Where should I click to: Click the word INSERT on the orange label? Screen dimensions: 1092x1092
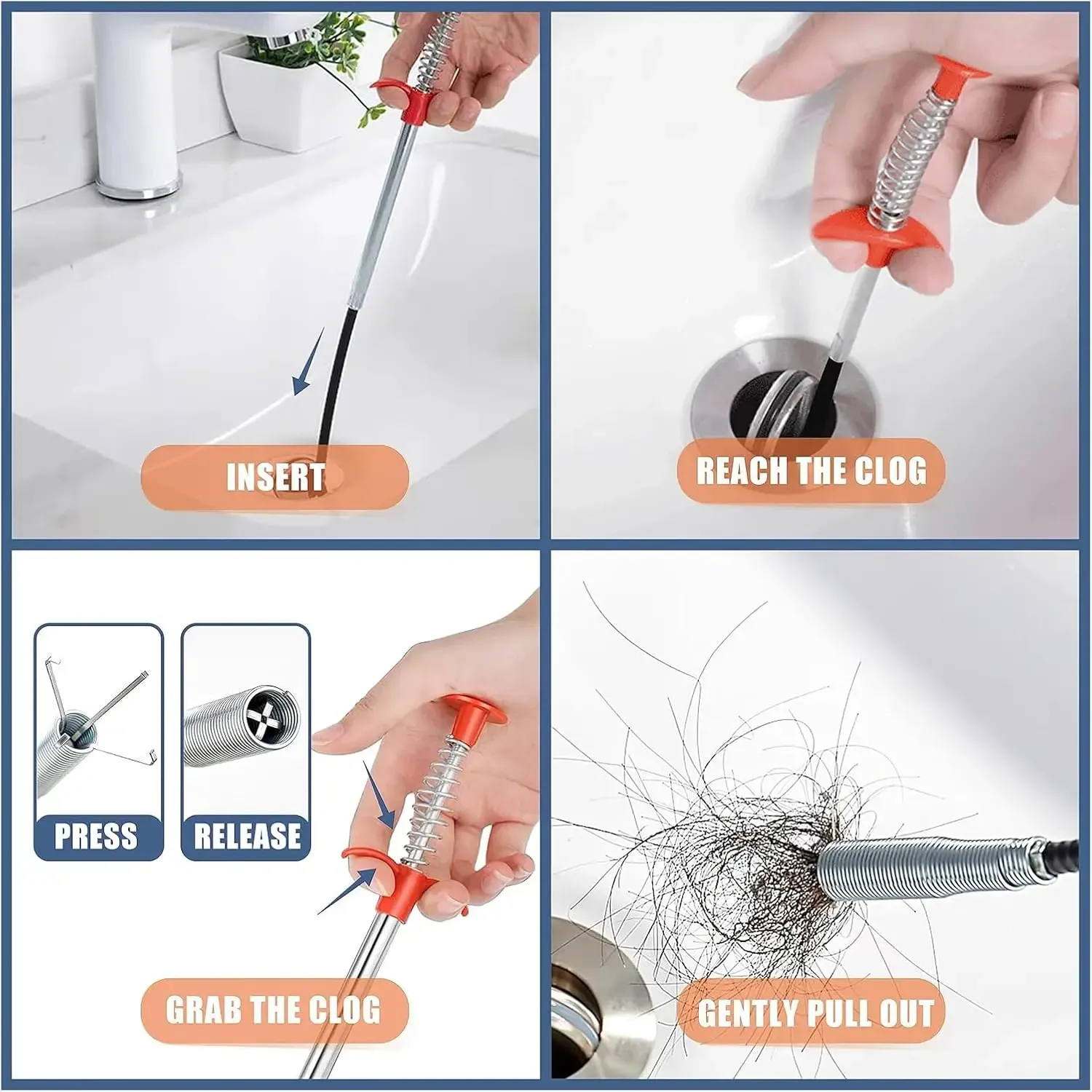(275, 478)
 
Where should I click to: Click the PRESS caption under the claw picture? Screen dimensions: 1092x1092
(96, 836)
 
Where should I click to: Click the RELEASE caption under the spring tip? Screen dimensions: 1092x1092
(247, 836)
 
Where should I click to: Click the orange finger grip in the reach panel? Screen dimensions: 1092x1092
(881, 233)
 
